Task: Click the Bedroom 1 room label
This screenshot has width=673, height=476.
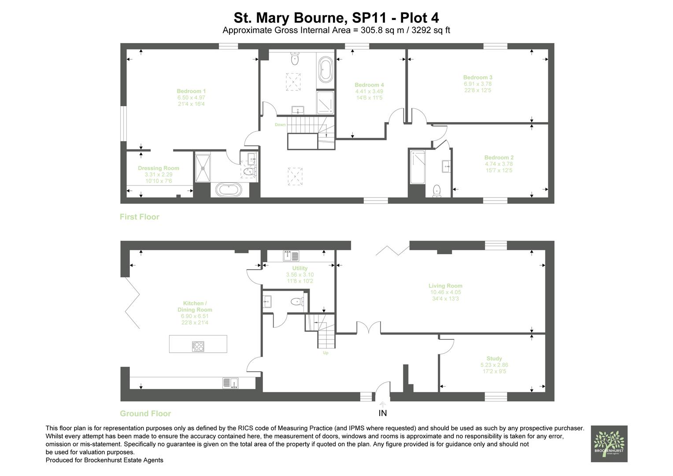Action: click(x=191, y=91)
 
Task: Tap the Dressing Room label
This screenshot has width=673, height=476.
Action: click(x=158, y=168)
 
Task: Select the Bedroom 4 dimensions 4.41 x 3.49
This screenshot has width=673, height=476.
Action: click(x=369, y=91)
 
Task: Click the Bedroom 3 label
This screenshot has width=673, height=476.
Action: click(x=477, y=77)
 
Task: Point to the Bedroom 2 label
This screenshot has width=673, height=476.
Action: click(x=499, y=157)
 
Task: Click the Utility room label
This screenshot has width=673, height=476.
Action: click(x=300, y=268)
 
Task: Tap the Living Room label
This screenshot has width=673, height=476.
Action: click(x=445, y=286)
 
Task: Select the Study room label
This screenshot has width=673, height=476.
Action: click(x=494, y=358)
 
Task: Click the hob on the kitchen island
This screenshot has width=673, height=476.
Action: click(x=198, y=346)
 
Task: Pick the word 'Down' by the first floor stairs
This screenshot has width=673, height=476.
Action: click(x=280, y=125)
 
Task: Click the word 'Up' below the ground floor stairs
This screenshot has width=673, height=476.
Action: click(x=325, y=353)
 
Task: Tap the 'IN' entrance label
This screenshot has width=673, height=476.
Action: click(x=382, y=413)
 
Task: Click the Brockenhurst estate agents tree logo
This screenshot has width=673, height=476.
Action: click(x=609, y=443)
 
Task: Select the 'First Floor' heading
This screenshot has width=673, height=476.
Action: click(x=139, y=217)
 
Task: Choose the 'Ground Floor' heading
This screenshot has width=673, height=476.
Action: click(x=145, y=413)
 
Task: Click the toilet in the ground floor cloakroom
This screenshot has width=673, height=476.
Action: click(x=297, y=302)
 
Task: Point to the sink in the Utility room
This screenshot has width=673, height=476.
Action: click(x=291, y=256)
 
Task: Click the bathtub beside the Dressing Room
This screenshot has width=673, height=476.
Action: click(x=229, y=190)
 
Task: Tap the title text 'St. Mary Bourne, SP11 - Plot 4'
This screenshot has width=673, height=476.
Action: click(x=336, y=18)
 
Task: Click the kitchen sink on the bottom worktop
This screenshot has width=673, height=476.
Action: click(x=230, y=383)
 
